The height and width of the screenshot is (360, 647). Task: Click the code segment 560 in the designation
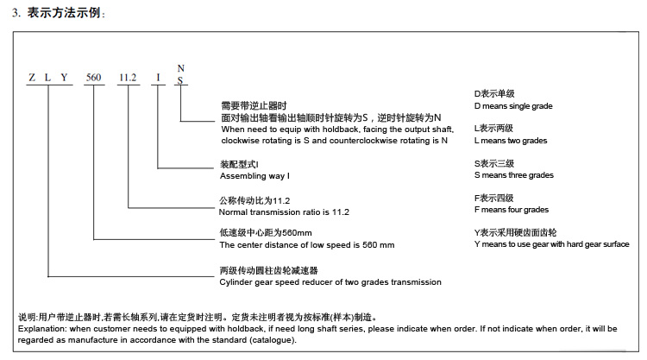(x=94, y=77)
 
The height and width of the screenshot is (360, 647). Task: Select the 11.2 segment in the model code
(x=128, y=77)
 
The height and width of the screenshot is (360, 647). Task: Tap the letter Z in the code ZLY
(x=32, y=77)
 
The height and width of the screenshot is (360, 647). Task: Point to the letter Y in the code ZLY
(x=64, y=77)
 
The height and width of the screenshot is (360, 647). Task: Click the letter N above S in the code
(x=181, y=68)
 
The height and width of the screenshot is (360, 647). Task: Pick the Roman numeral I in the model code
(x=158, y=77)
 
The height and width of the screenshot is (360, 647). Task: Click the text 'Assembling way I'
(x=254, y=176)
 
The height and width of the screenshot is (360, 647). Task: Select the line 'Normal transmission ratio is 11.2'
(x=284, y=212)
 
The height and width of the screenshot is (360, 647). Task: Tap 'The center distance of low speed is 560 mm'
(x=306, y=245)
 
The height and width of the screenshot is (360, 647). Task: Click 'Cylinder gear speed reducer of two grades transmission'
(x=330, y=282)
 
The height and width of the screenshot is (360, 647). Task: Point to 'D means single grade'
(x=513, y=106)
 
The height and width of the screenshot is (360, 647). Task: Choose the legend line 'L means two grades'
(x=511, y=141)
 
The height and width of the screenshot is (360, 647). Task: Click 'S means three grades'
(x=514, y=175)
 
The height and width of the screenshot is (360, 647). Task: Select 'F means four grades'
(x=512, y=210)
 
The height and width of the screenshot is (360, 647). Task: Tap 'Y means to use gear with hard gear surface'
(x=552, y=244)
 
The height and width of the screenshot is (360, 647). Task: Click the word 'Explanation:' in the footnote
(x=41, y=329)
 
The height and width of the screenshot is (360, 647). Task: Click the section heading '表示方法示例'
(x=64, y=13)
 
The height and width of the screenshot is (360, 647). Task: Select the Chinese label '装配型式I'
(x=239, y=164)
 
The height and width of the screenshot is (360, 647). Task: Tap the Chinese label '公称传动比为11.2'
(x=254, y=200)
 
